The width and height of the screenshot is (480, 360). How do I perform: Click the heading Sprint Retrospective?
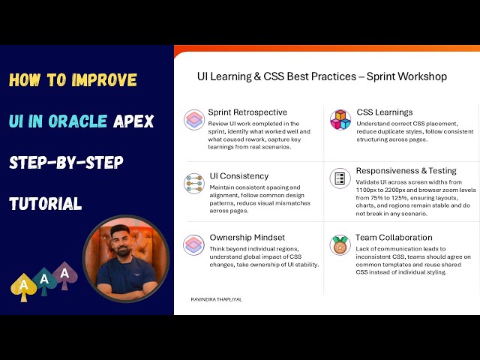247,112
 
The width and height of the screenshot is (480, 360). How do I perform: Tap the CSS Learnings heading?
384,112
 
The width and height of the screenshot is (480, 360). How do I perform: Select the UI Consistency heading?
238,175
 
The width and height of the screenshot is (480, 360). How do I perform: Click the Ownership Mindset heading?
247,238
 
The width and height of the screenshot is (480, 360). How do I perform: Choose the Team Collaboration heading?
394,238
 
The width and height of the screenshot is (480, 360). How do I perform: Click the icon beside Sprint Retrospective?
194,120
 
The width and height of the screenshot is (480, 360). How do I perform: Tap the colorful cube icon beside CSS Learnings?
340,119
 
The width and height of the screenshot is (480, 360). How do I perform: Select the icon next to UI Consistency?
194,183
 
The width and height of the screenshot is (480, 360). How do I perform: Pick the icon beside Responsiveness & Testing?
340,178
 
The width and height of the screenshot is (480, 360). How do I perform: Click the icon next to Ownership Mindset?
194,244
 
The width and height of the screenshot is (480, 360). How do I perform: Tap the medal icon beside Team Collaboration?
340,245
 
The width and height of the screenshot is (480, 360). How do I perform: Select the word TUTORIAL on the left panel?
45,203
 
